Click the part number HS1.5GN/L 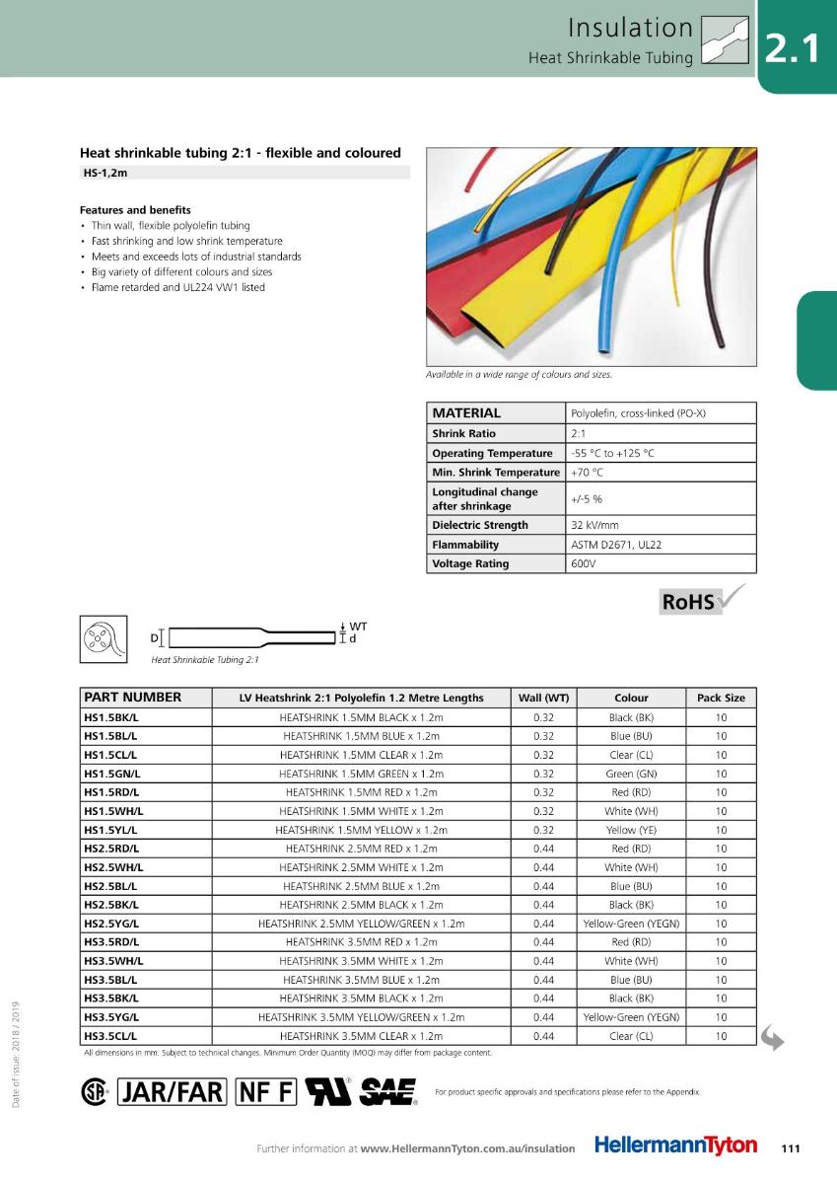coord(111,774)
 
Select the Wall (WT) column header coord(543,698)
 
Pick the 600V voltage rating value coord(583,564)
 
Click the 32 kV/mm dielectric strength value coord(594,525)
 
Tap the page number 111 coord(789,1147)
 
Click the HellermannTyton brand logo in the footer coord(676,1147)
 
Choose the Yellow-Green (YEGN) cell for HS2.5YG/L coord(631,924)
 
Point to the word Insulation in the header coord(631,28)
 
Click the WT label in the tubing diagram coord(358,626)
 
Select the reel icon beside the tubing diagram coord(99,639)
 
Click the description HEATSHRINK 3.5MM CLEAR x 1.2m coord(361,1036)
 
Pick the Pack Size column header coord(721,698)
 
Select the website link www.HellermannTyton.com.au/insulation coord(468,1148)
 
